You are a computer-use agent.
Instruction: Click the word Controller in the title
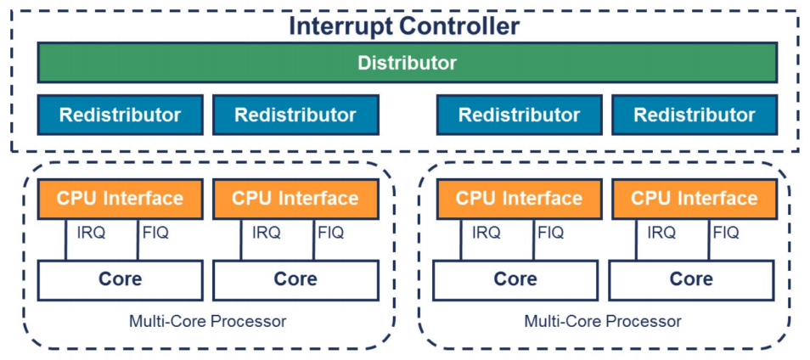[x=459, y=25]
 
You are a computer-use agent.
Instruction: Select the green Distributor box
[x=407, y=63]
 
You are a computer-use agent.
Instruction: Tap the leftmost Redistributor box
[x=120, y=115]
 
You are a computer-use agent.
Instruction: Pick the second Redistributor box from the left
[x=295, y=115]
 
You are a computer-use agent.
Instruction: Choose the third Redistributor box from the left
[x=519, y=115]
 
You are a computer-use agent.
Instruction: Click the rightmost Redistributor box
[x=694, y=115]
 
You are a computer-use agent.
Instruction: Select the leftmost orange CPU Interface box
[x=120, y=199]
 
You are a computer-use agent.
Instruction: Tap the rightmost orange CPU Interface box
[x=694, y=199]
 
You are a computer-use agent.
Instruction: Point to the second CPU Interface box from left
[x=295, y=199]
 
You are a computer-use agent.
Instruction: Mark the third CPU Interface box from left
[x=519, y=199]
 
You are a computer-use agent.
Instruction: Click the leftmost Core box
[x=120, y=279]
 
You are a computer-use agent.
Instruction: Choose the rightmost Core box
[x=691, y=279]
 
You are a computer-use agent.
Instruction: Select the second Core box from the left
[x=295, y=279]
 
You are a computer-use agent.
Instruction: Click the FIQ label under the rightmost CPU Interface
[x=726, y=233]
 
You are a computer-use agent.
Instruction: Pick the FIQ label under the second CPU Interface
[x=330, y=233]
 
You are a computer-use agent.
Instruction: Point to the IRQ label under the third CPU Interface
[x=486, y=233]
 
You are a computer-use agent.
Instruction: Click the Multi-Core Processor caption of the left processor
[x=207, y=322]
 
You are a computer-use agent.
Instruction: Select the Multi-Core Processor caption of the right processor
[x=603, y=322]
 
